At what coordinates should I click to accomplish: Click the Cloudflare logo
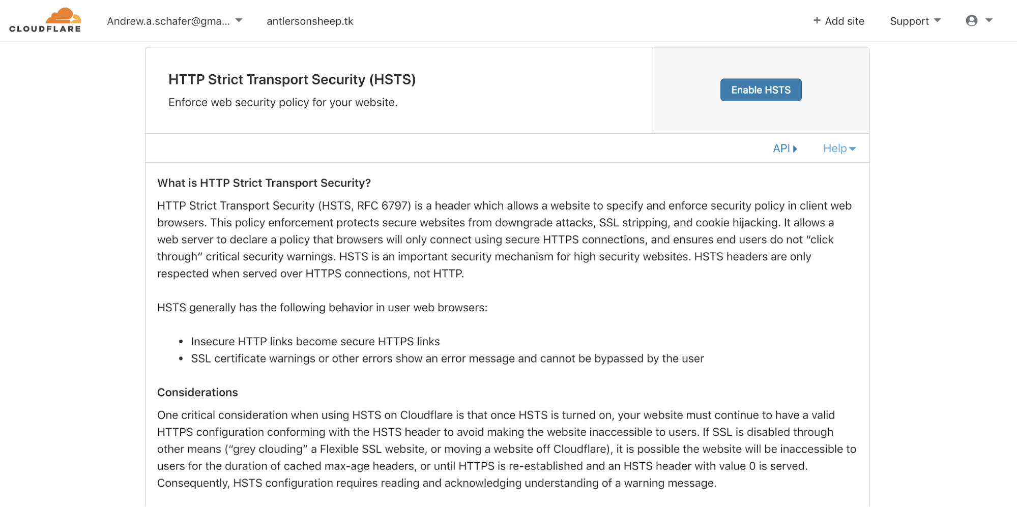tap(45, 21)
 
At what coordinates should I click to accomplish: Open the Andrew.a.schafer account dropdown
tap(174, 21)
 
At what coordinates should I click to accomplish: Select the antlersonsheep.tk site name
tap(310, 21)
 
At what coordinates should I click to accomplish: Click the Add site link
tap(839, 21)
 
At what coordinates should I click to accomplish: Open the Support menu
tap(915, 21)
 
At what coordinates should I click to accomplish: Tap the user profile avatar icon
tap(972, 20)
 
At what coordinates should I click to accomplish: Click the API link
tap(784, 148)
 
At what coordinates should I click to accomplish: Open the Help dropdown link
tap(839, 148)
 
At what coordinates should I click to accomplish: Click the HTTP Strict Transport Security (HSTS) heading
tap(292, 79)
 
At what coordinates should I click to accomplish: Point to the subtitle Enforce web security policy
tap(283, 102)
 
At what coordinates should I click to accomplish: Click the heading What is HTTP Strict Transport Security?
tap(264, 183)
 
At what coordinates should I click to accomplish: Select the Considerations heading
tap(197, 393)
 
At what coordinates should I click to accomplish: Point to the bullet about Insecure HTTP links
tap(315, 342)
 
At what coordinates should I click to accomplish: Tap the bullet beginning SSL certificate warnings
tap(447, 359)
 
